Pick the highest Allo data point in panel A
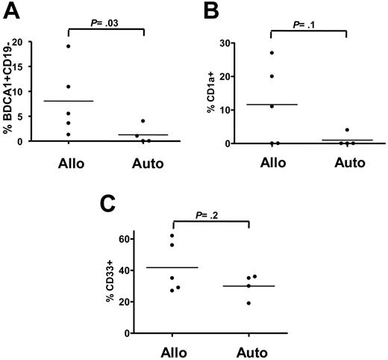click(x=68, y=46)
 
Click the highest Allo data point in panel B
click(x=272, y=52)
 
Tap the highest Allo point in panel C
click(x=172, y=236)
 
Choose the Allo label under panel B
click(x=272, y=162)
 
